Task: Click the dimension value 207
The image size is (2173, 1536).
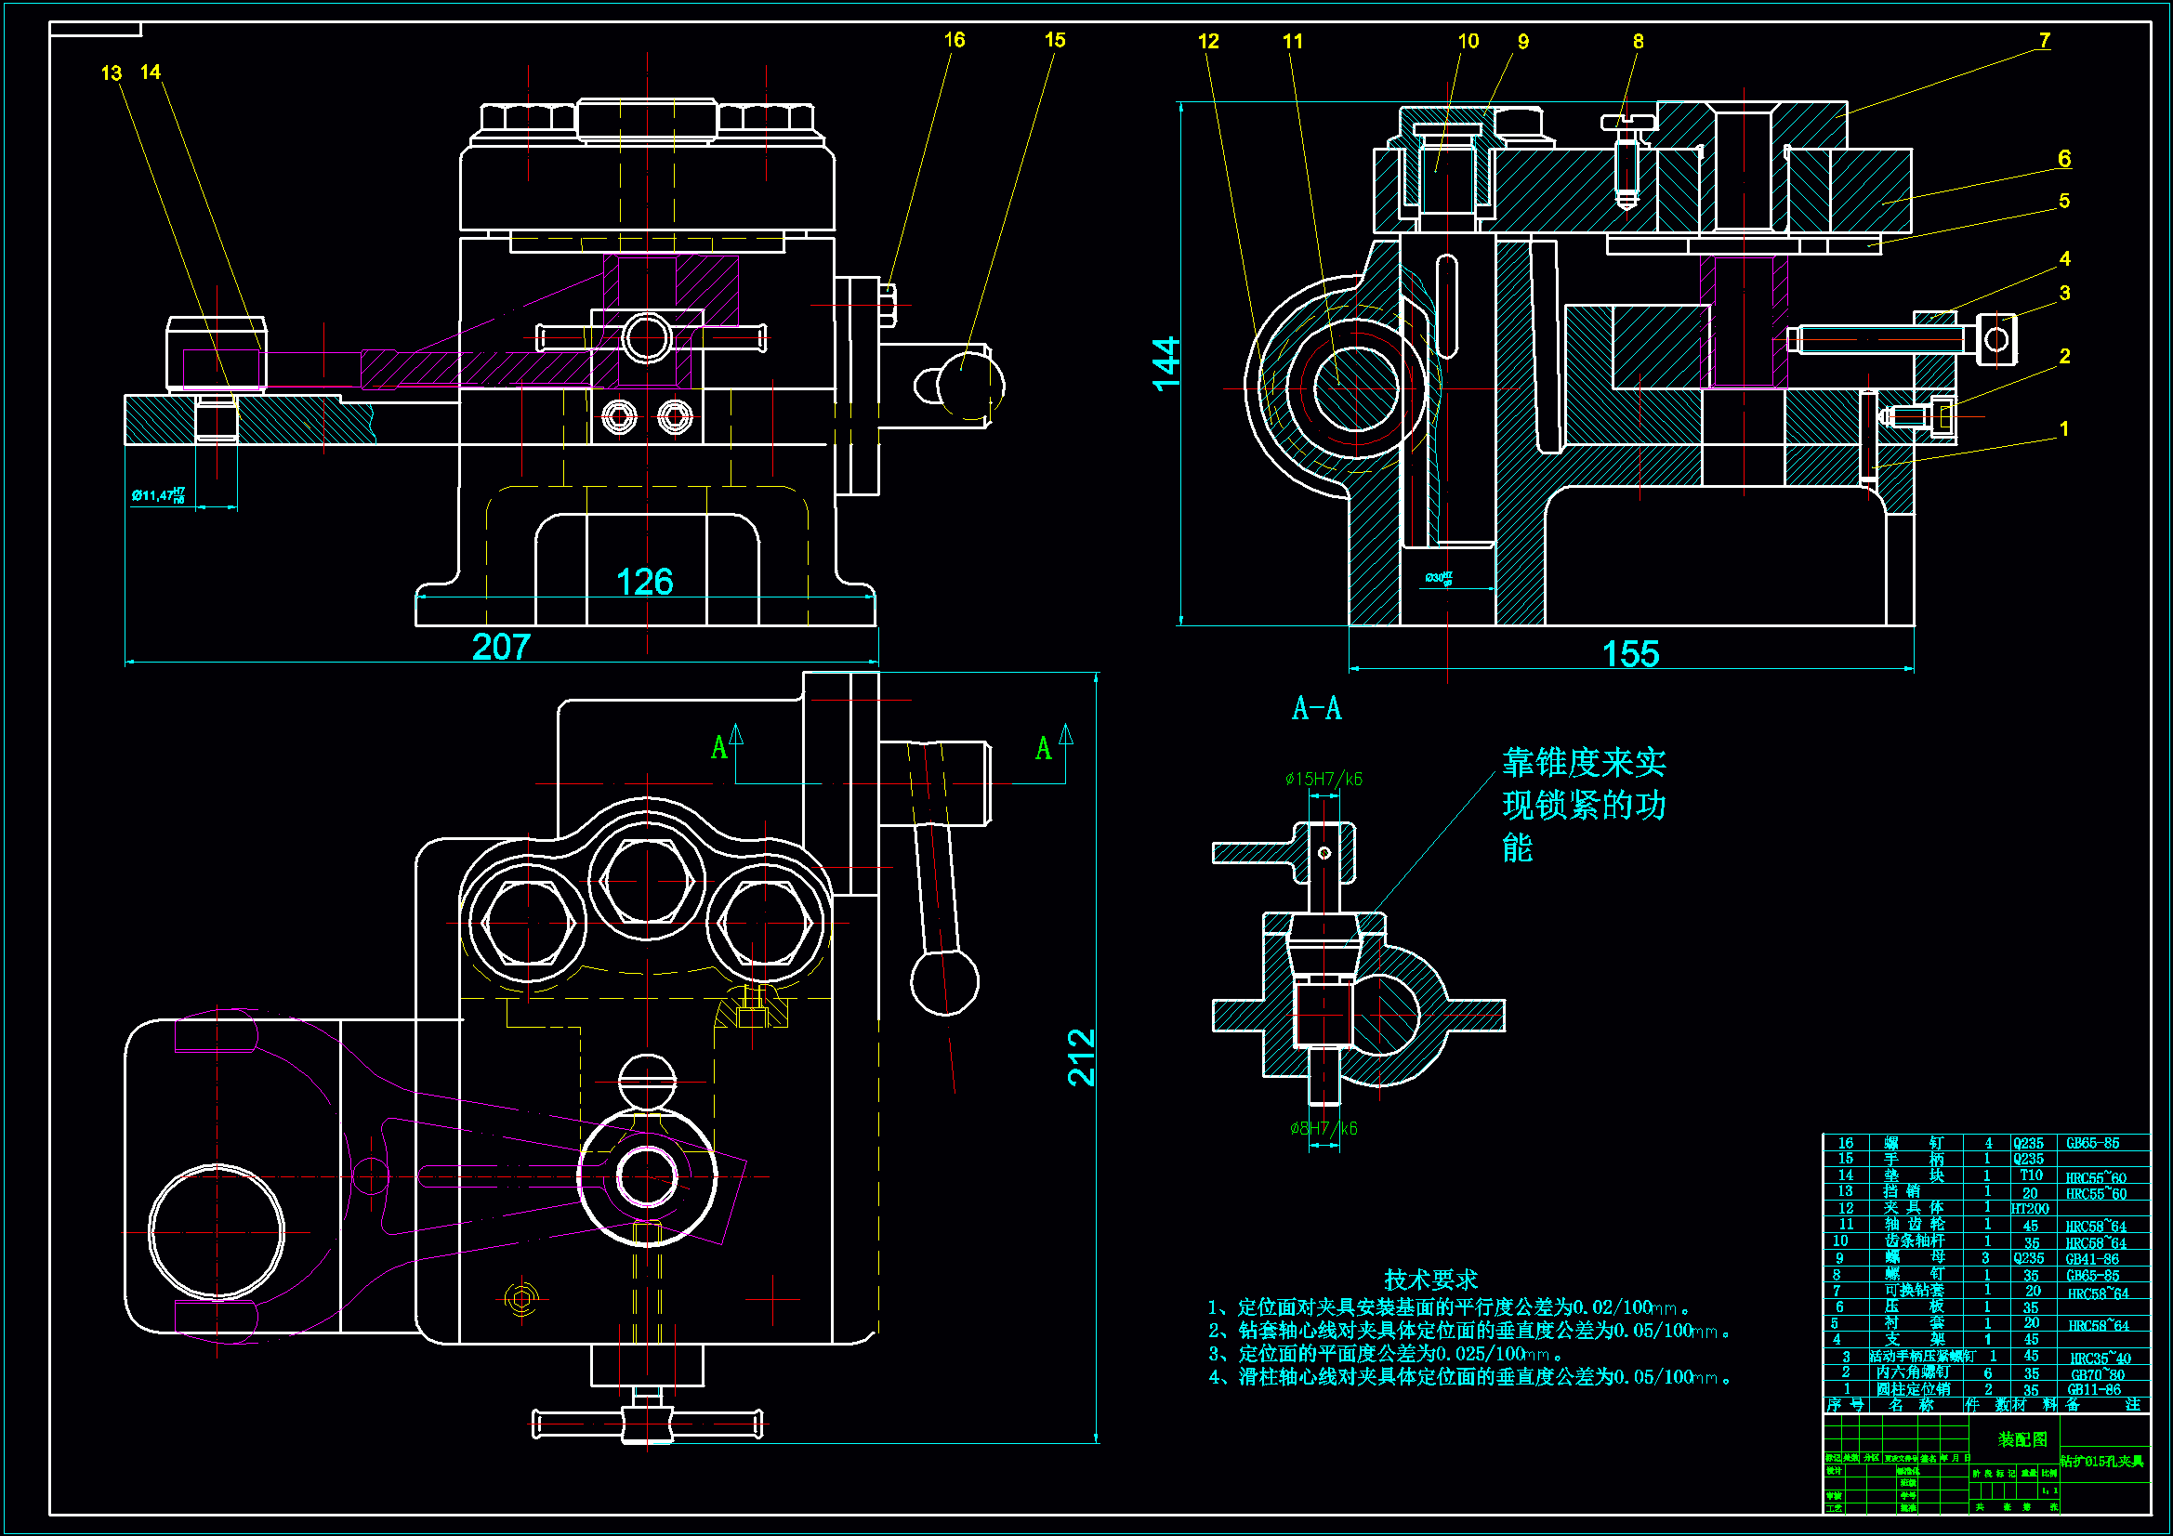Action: [501, 648]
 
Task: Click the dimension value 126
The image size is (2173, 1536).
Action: [643, 582]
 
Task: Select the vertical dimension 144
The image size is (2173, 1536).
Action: [1166, 363]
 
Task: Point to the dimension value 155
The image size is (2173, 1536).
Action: [1630, 654]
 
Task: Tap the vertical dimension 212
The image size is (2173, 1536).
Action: [1081, 1057]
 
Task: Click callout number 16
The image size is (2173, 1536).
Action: [954, 40]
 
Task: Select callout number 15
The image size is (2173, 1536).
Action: [1054, 40]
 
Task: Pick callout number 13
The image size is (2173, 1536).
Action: [111, 72]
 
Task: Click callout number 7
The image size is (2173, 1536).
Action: [2045, 40]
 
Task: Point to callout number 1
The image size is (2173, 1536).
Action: [2064, 428]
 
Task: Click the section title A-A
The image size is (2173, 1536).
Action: [1316, 708]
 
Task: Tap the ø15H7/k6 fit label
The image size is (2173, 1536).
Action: [1324, 779]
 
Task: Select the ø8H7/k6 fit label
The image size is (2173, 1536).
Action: [1324, 1128]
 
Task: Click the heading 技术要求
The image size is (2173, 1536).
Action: [1430, 1280]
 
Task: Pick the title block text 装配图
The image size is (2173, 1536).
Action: [2022, 1439]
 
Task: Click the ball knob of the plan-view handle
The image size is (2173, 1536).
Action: [943, 981]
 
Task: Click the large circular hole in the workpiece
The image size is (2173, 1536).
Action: [217, 1232]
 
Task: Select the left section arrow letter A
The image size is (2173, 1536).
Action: [719, 748]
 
